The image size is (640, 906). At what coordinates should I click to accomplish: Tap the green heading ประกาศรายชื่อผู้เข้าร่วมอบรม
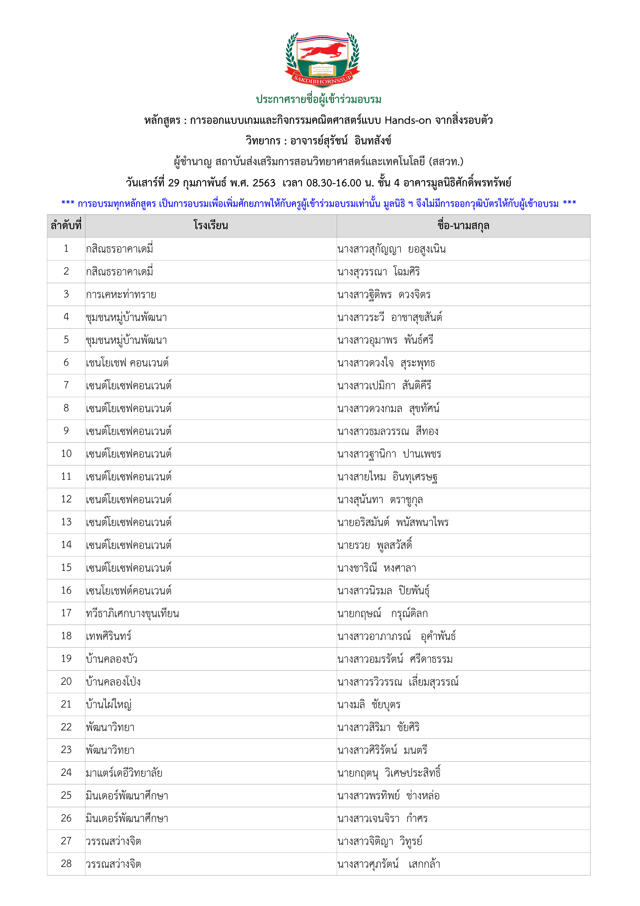click(x=319, y=99)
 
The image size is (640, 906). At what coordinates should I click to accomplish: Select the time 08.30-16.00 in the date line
click(x=334, y=183)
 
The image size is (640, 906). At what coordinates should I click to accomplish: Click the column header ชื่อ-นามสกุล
click(x=463, y=226)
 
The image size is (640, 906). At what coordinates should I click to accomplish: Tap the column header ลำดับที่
click(x=66, y=226)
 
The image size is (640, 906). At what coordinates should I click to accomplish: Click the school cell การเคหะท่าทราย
click(x=121, y=294)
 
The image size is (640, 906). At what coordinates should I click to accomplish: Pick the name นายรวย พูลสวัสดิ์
click(x=375, y=545)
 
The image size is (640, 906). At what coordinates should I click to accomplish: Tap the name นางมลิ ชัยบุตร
click(x=369, y=704)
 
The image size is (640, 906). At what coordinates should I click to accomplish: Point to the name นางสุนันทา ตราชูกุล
click(x=380, y=500)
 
